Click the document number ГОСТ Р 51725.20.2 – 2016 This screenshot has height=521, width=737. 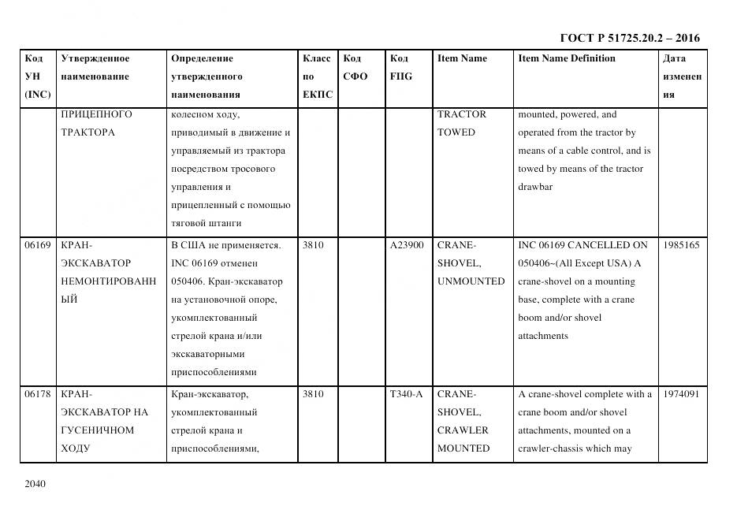[x=629, y=38]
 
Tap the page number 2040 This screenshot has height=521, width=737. [x=35, y=483]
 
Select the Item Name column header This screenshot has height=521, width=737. [x=462, y=58]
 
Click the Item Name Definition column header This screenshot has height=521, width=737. [x=567, y=58]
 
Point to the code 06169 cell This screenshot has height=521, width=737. [x=37, y=245]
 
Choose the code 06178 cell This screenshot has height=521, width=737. [x=37, y=394]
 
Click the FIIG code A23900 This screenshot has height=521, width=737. [x=407, y=245]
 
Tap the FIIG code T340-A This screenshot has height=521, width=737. [x=406, y=394]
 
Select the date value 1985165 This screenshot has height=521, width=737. [x=681, y=245]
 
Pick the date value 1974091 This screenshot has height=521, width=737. [x=681, y=394]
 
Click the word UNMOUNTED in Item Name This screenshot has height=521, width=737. [x=471, y=281]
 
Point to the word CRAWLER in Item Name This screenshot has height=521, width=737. [x=463, y=430]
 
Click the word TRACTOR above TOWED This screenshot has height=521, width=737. [x=462, y=114]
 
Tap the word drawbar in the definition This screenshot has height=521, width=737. [x=535, y=187]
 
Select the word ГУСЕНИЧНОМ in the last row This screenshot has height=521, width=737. [x=97, y=430]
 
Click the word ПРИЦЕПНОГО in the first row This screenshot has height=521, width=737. [x=96, y=114]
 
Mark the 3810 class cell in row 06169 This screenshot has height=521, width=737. [x=313, y=245]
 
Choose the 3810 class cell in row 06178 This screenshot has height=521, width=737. [x=313, y=394]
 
